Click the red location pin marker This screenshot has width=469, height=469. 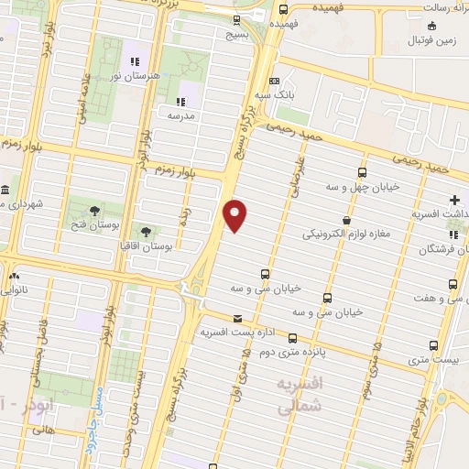click(x=235, y=215)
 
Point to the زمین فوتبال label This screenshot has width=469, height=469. click(x=433, y=40)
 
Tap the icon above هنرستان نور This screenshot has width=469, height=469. click(x=135, y=61)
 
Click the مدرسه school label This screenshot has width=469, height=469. click(x=180, y=116)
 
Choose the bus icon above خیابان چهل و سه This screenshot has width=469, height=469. click(x=362, y=171)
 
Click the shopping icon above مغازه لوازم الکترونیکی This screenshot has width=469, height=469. click(x=346, y=220)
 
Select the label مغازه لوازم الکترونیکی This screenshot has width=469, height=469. click(x=346, y=234)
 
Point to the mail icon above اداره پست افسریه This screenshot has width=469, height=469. click(x=238, y=320)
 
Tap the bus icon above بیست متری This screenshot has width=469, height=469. click(x=434, y=346)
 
